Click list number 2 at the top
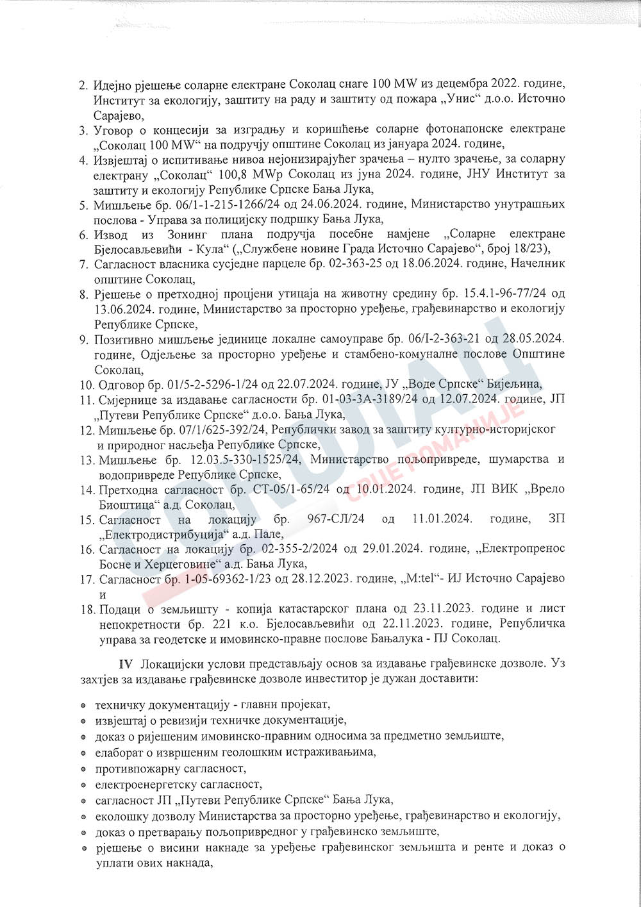pyautogui.click(x=83, y=85)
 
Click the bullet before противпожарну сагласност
pyautogui.click(x=84, y=767)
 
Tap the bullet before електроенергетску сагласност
pyautogui.click(x=84, y=784)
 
